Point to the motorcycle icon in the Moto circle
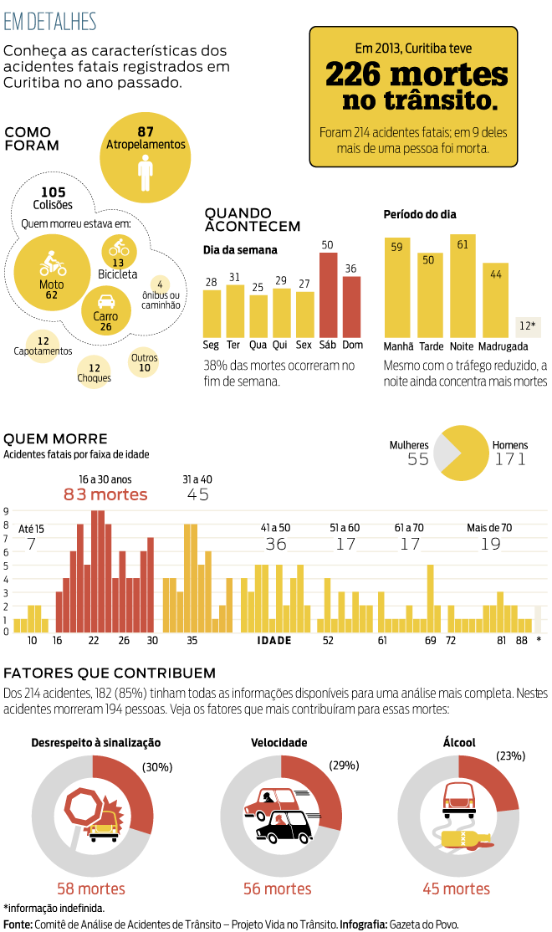pyautogui.click(x=53, y=266)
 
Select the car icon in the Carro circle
pyautogui.click(x=106, y=302)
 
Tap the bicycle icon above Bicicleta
pyautogui.click(x=118, y=248)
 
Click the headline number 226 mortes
pyautogui.click(x=416, y=75)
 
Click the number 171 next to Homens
pyautogui.click(x=510, y=459)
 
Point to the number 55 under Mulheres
pyautogui.click(x=418, y=459)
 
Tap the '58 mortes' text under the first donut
pyautogui.click(x=91, y=888)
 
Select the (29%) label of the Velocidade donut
pyautogui.click(x=344, y=765)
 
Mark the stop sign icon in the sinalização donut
pyautogui.click(x=84, y=807)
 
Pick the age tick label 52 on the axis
pyautogui.click(x=328, y=640)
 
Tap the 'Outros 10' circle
pyautogui.click(x=145, y=362)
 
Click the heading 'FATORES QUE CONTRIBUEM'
pyautogui.click(x=110, y=673)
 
